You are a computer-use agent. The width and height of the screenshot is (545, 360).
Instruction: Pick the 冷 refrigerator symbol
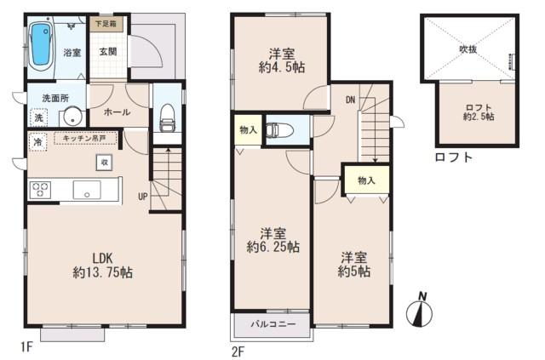coord(38,142)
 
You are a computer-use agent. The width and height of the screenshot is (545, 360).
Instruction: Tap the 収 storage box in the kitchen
coord(103,161)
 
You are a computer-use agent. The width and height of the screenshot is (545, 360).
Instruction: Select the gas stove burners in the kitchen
coord(41,190)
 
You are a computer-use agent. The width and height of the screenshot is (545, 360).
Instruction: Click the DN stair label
coord(350,100)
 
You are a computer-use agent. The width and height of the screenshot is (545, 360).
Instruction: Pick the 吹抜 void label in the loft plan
coord(468,49)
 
